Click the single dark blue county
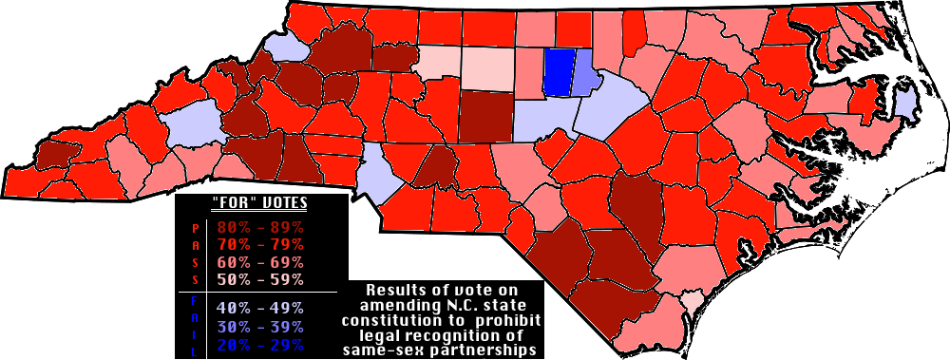click(560, 72)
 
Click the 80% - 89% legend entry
click(260, 228)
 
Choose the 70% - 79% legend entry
click(260, 245)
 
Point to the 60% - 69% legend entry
click(260, 262)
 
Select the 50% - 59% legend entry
click(260, 279)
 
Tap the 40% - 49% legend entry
click(260, 308)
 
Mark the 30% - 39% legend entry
click(260, 326)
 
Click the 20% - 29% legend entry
click(260, 344)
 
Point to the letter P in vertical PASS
click(196, 229)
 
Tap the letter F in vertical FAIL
click(196, 301)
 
